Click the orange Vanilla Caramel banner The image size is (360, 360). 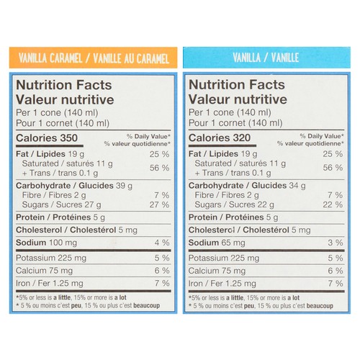click(94, 58)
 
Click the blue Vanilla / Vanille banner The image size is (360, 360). click(266, 58)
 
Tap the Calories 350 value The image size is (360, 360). click(47, 138)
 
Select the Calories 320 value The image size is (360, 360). click(220, 138)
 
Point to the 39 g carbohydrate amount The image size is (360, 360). click(124, 186)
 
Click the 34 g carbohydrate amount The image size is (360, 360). click(297, 186)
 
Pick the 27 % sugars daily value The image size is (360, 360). click(160, 204)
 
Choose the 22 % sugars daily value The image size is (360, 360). click(333, 204)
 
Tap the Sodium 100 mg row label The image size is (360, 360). click(46, 243)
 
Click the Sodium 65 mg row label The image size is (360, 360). click(217, 243)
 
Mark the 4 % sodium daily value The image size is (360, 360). click(162, 243)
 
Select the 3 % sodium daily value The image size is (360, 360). click(336, 243)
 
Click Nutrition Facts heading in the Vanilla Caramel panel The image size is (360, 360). click(64, 85)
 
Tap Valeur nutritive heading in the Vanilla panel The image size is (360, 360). click(238, 99)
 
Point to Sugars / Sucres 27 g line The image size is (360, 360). click(62, 204)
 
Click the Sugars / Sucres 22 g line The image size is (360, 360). click(235, 204)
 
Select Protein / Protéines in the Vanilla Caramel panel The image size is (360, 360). click(53, 217)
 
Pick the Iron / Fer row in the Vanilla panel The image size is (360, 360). click(222, 284)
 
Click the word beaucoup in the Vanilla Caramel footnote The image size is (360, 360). click(146, 306)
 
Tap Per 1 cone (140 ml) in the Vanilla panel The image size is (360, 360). click(230, 112)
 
